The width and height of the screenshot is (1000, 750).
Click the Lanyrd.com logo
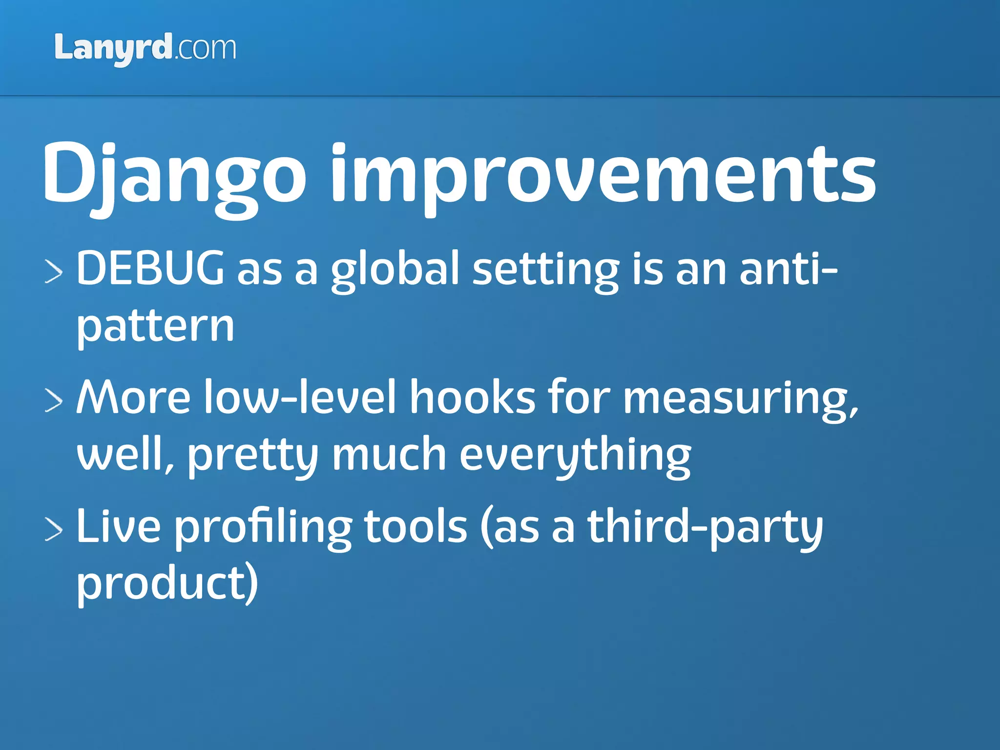(x=145, y=48)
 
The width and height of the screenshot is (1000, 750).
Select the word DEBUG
(x=150, y=268)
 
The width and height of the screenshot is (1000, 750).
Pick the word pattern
(x=155, y=327)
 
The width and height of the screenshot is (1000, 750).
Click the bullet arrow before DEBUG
(x=54, y=271)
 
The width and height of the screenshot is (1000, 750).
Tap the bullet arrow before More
(x=54, y=400)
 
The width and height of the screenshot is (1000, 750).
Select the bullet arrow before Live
(x=54, y=529)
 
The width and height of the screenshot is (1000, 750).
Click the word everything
(x=575, y=456)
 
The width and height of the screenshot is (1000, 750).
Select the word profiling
(x=263, y=528)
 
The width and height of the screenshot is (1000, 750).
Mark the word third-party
(x=705, y=528)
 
